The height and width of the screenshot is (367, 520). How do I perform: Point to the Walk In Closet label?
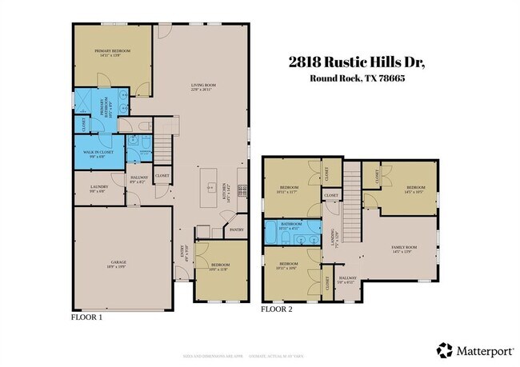(94, 154)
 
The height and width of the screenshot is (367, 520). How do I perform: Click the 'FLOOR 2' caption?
(278, 309)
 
